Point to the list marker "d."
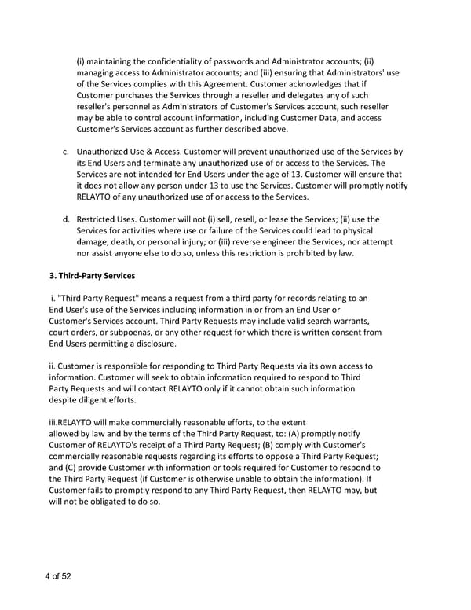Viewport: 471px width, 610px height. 66,219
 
